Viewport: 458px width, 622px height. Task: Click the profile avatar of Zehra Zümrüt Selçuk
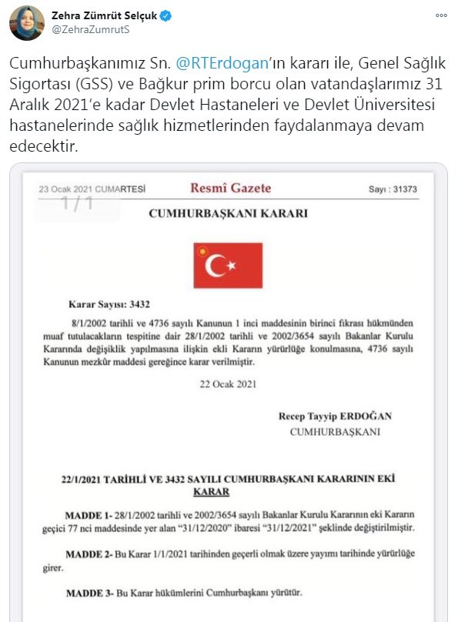[x=26, y=22]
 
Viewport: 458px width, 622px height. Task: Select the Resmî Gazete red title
[x=230, y=188]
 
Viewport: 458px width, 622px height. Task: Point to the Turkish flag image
[x=228, y=266]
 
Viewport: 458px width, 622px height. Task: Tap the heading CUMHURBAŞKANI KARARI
[x=228, y=213]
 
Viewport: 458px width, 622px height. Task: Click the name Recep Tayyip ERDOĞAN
[x=335, y=416]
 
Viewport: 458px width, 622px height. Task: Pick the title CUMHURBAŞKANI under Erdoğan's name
[x=335, y=432]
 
